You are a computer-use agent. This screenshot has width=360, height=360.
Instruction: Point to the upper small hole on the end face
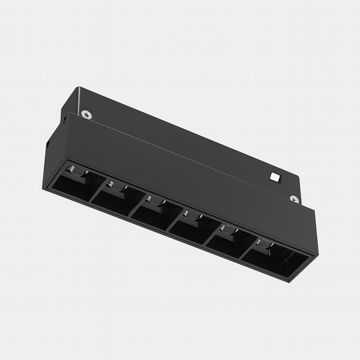point(65,119)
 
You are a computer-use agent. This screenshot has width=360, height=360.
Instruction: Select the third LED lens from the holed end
point(155,200)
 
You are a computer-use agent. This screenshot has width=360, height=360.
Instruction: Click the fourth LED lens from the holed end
point(192,215)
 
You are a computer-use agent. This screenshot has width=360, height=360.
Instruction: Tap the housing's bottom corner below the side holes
point(43,189)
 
